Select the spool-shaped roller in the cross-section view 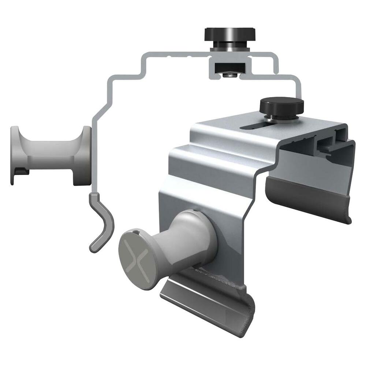pos(51,156)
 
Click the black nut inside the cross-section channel pos(227,67)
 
